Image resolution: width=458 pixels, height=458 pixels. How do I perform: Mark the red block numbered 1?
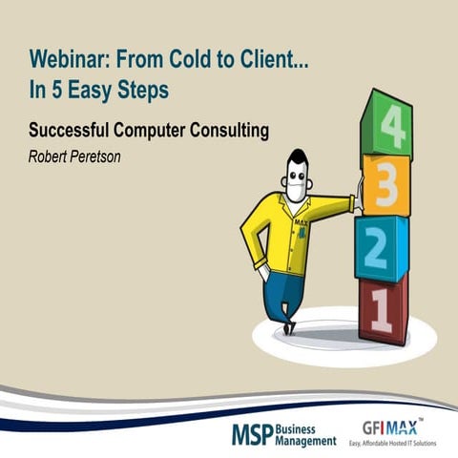381,309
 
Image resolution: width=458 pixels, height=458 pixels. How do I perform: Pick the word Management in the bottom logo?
305,442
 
